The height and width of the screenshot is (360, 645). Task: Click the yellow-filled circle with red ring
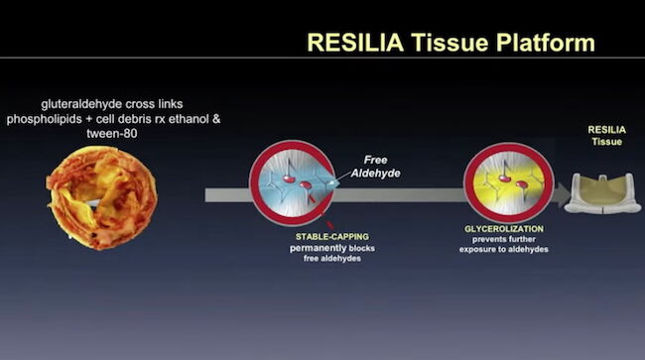tap(507, 182)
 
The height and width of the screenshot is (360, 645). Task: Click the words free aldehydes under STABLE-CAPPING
tap(301, 261)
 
